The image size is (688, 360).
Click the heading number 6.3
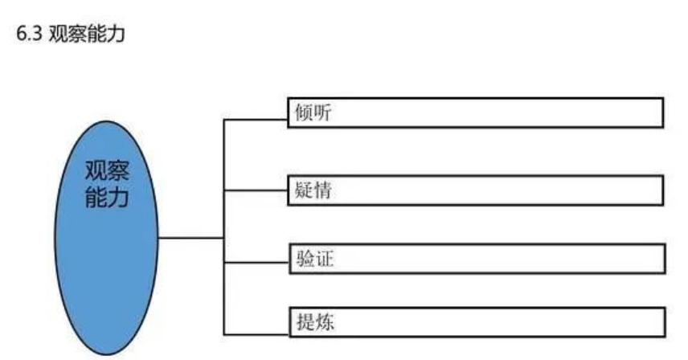29,34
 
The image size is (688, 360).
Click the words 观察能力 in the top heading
87,34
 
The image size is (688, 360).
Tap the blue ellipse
106,238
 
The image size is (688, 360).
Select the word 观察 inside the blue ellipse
107,170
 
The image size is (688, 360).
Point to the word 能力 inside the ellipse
107,197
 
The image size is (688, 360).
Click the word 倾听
313,112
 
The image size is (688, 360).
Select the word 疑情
313,190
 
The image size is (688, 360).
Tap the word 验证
314,259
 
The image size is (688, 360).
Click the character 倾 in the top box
304,112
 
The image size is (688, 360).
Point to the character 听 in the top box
323,112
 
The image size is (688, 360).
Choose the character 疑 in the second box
304,190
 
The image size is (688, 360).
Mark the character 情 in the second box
323,190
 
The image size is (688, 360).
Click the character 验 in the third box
305,259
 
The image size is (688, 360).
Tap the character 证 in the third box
324,259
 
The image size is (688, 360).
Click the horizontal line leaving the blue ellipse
190,238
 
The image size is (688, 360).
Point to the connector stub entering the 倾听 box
256,119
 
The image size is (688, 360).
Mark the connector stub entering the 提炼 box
256,334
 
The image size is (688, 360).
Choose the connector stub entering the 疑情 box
256,190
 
